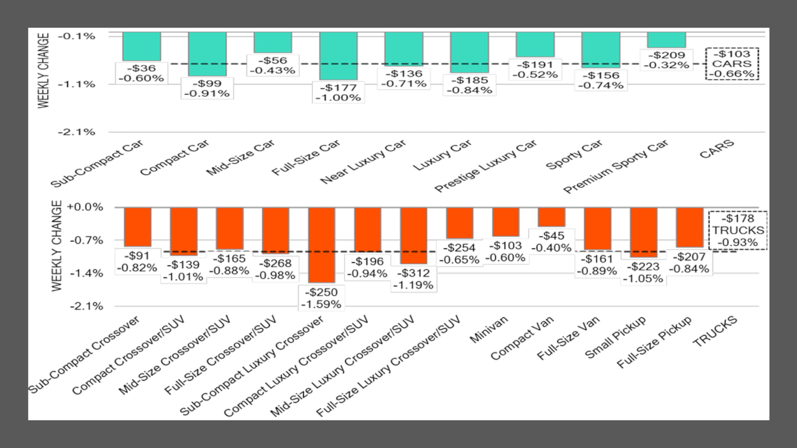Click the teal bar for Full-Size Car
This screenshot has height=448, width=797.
338,56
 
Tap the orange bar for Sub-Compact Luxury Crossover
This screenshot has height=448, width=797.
322,245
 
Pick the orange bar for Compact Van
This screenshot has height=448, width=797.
552,217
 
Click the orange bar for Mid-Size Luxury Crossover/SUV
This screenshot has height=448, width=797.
414,235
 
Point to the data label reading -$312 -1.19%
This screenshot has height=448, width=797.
414,279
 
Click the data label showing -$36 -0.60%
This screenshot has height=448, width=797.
141,74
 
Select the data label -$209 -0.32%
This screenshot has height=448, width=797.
666,60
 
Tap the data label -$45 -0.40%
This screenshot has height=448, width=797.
552,242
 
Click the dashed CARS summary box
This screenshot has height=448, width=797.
732,64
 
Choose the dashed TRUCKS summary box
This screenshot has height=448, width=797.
738,231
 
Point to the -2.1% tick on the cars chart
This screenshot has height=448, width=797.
77,132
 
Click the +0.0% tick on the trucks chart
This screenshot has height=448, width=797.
85,207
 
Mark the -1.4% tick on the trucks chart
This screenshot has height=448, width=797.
86,274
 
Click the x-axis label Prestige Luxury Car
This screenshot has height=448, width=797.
486,166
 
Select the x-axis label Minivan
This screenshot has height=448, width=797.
489,329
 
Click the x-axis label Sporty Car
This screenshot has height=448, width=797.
574,155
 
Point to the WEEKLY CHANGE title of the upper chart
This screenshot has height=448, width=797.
43,71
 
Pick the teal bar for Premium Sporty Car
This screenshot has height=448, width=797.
666,40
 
